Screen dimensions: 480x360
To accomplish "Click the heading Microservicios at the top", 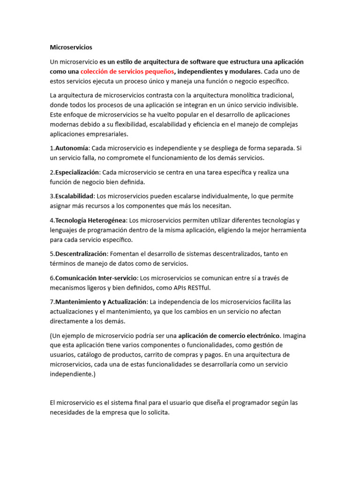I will pyautogui.click(x=71, y=47).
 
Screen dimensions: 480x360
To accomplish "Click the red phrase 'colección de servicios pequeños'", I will pyautogui.click(x=127, y=72).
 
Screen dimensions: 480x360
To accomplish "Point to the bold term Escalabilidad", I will pyautogui.click(x=75, y=196).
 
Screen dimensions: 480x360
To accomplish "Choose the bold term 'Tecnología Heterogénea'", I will pyautogui.click(x=91, y=220).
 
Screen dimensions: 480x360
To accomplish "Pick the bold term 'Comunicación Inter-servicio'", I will pyautogui.click(x=97, y=278).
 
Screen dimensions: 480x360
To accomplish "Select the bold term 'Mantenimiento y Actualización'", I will pyautogui.click(x=101, y=302).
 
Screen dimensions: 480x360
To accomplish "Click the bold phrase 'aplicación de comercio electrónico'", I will pyautogui.click(x=229, y=336).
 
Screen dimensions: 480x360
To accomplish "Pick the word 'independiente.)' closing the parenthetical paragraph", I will pyautogui.click(x=72, y=374).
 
